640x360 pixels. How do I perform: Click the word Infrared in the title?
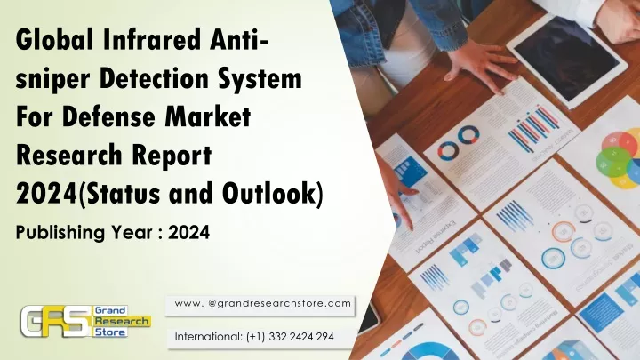point(153,40)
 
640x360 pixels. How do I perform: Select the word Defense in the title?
point(109,116)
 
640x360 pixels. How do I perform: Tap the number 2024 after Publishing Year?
point(189,232)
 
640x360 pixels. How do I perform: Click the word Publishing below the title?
point(58,233)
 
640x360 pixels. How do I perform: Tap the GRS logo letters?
point(55,321)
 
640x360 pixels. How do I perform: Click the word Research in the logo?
point(122,321)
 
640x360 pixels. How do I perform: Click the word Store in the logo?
point(110,332)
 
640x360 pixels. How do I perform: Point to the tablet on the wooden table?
point(567,57)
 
